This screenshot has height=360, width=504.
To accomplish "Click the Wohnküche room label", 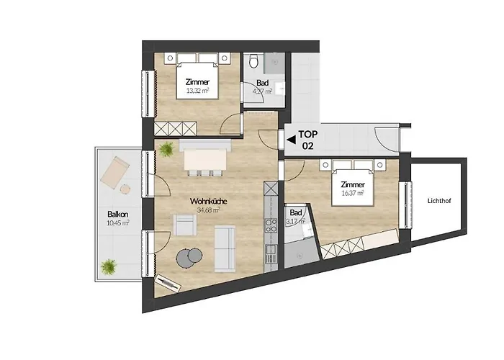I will tap(208, 201).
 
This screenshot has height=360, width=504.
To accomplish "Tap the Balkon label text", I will tap(119, 214).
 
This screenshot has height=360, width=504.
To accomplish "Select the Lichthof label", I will tap(439, 200).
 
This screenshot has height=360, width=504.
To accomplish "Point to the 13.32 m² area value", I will tap(197, 91).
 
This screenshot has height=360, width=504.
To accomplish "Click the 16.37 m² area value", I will tap(352, 193).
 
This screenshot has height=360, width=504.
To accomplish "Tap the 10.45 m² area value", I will tap(119, 222).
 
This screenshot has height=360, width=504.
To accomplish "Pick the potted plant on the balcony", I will tap(109, 266).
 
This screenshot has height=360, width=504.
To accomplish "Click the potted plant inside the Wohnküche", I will tap(167, 149).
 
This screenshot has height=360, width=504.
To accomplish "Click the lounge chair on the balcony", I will tap(115, 171).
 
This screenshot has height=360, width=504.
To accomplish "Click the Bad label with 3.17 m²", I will tap(296, 217).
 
